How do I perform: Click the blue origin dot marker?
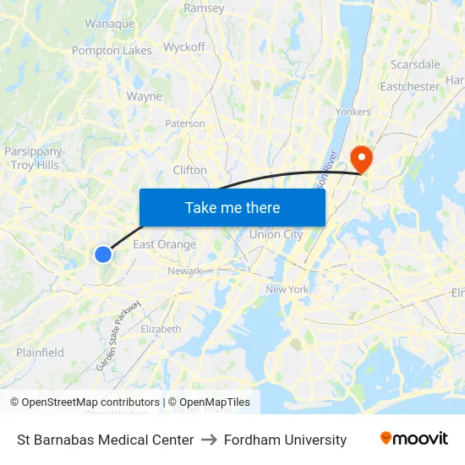pos(103,254)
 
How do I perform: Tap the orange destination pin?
pos(361,157)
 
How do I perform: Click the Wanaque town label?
pos(109,24)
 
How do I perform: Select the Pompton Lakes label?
pos(112,51)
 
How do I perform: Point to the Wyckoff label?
pos(183,47)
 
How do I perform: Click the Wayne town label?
pos(144,96)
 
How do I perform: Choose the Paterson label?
pos(184,123)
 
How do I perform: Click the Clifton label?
pos(189,170)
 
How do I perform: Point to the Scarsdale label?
pos(415,64)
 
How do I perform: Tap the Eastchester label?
pos(409,86)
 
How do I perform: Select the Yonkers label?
pos(353,112)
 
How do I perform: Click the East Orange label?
pos(164,244)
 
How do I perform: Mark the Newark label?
pos(184,271)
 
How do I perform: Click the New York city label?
pos(287,289)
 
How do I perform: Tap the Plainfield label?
pos(40,353)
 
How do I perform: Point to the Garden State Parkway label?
pos(119,335)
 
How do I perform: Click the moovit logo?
pos(413,439)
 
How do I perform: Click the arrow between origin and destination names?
pos(209,440)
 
